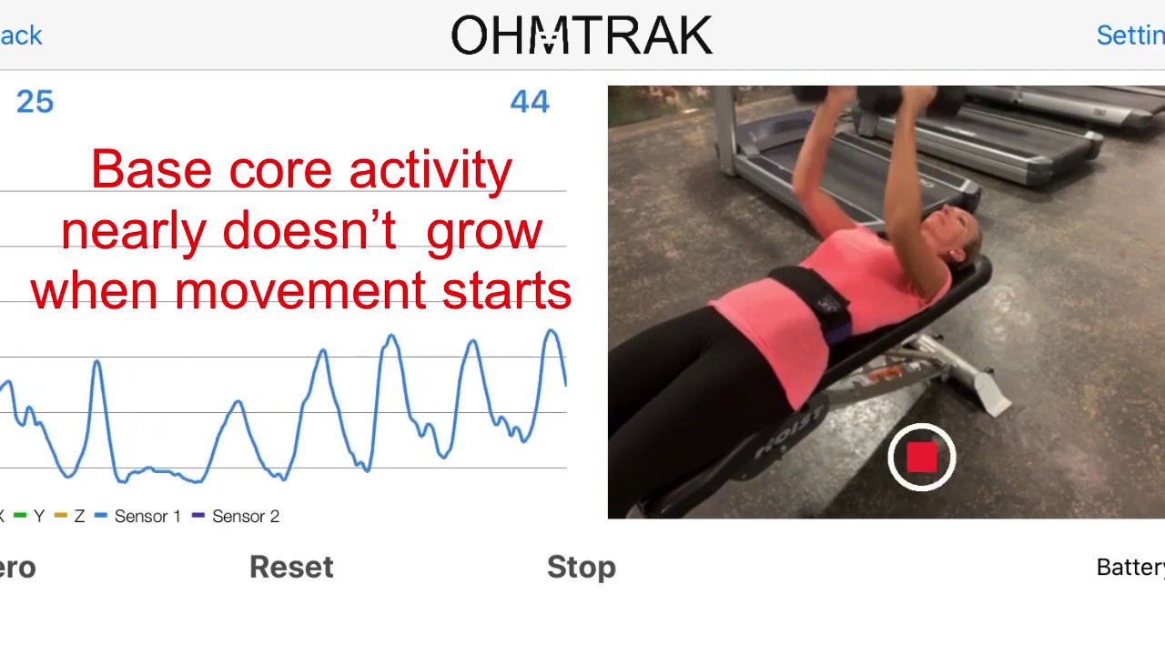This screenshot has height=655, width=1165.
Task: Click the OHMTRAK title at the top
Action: coord(582,36)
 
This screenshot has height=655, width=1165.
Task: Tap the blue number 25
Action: coord(35,102)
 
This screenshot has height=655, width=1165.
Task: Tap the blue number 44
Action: coord(530,102)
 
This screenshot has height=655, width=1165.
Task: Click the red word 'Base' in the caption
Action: coord(151,170)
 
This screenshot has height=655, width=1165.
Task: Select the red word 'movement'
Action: coord(300,291)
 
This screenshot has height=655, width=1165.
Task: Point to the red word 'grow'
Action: coord(483,232)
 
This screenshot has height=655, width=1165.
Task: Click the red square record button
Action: coord(921,458)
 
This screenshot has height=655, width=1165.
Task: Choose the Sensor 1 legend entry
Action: coord(147,517)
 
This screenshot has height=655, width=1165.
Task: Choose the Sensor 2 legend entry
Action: coord(245,517)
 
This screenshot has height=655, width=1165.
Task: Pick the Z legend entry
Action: coord(78,517)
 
